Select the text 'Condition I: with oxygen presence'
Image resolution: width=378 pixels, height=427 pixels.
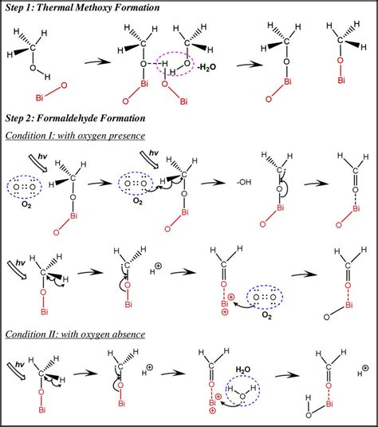point(76,135)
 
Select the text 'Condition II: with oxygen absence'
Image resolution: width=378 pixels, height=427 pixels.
point(76,332)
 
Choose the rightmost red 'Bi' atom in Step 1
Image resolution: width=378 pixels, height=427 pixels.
point(341,81)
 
